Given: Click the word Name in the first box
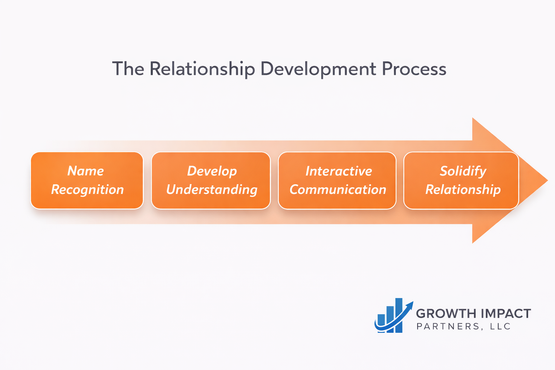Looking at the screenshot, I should point(86,171).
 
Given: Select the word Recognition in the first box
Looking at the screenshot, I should point(87,190).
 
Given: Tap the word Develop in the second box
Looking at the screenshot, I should point(212,171).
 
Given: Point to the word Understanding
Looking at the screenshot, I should point(212,190).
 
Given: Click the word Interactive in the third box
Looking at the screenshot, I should point(339,171).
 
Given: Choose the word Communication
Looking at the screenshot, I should point(338,190).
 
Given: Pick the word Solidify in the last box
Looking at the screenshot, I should point(463,171).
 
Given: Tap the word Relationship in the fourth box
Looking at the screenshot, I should point(463,190).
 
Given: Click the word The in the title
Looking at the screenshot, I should point(128,69).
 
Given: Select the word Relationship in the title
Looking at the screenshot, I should point(202,69).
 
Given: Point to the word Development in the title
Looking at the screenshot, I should point(318,69).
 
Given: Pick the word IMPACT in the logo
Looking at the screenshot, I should point(506,314).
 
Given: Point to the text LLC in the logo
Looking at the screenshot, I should point(500,327).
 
